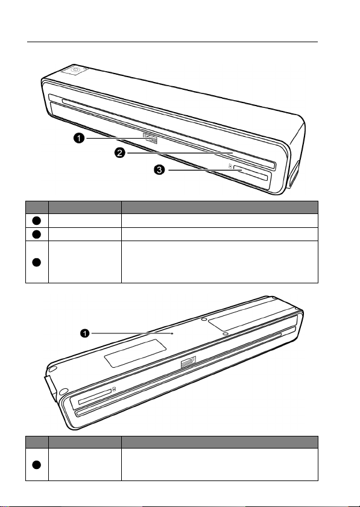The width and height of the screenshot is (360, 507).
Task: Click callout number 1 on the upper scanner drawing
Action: [78, 139]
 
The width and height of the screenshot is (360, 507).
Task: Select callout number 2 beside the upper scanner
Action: [119, 153]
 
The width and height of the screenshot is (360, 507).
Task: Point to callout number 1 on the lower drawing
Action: [85, 333]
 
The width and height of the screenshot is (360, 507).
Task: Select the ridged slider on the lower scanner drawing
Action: [188, 362]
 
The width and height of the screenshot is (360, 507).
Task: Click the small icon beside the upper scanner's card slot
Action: [230, 166]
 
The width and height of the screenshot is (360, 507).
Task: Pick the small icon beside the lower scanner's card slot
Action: [114, 389]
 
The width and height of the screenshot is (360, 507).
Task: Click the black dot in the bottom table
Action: [37, 464]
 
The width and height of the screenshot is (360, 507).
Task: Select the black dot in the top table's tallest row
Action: [37, 262]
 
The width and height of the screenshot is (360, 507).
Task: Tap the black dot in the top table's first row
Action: [37, 220]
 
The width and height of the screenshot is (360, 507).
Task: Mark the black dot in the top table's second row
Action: [37, 234]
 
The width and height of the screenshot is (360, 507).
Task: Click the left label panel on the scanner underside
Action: [136, 353]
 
